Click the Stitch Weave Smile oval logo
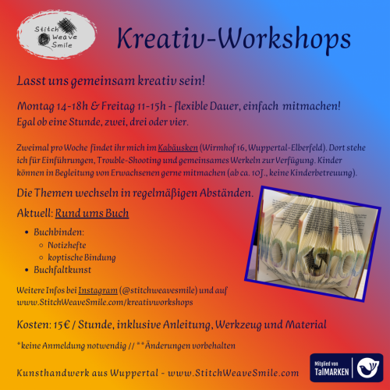pyautogui.click(x=57, y=34)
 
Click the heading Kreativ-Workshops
pyautogui.click(x=234, y=39)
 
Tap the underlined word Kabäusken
pyautogui.click(x=178, y=147)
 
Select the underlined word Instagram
pyautogui.click(x=97, y=290)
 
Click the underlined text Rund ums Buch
pyautogui.click(x=92, y=213)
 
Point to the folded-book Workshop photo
pyautogui.click(x=313, y=243)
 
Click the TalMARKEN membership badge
pyautogui.click(x=346, y=367)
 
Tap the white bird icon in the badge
pyautogui.click(x=368, y=367)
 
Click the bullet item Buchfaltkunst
pyautogui.click(x=62, y=270)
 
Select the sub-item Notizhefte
pyautogui.click(x=67, y=245)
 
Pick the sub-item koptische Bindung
pyautogui.click(x=82, y=257)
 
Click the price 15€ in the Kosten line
pyautogui.click(x=62, y=324)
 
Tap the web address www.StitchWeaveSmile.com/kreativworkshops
pyautogui.click(x=105, y=303)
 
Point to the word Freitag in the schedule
pyautogui.click(x=118, y=106)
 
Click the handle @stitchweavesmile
pyautogui.click(x=158, y=290)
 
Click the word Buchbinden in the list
pyautogui.click(x=58, y=232)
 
